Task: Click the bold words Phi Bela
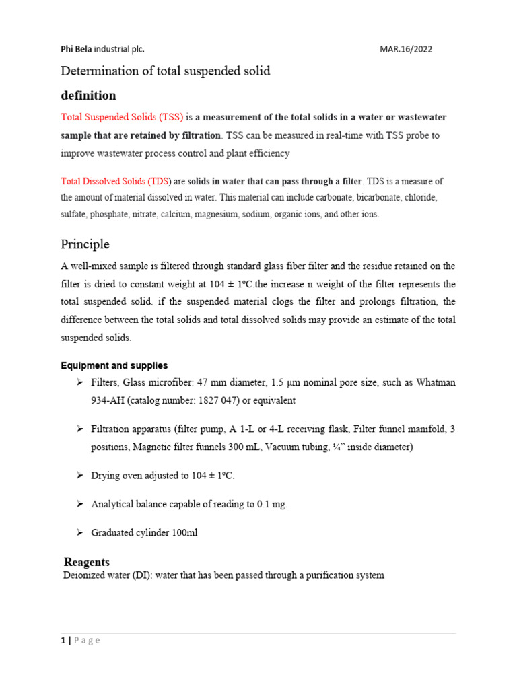pos(76,49)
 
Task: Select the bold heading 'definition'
pos(88,95)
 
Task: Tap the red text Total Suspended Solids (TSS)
pos(122,117)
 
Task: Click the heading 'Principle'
pos(85,244)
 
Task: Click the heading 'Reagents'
pos(86,562)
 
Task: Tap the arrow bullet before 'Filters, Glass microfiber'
pos(79,382)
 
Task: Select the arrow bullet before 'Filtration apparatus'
pos(79,429)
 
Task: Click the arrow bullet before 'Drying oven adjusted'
pos(79,476)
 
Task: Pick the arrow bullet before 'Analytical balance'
pos(79,504)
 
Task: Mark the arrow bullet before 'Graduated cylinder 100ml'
pos(79,532)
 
